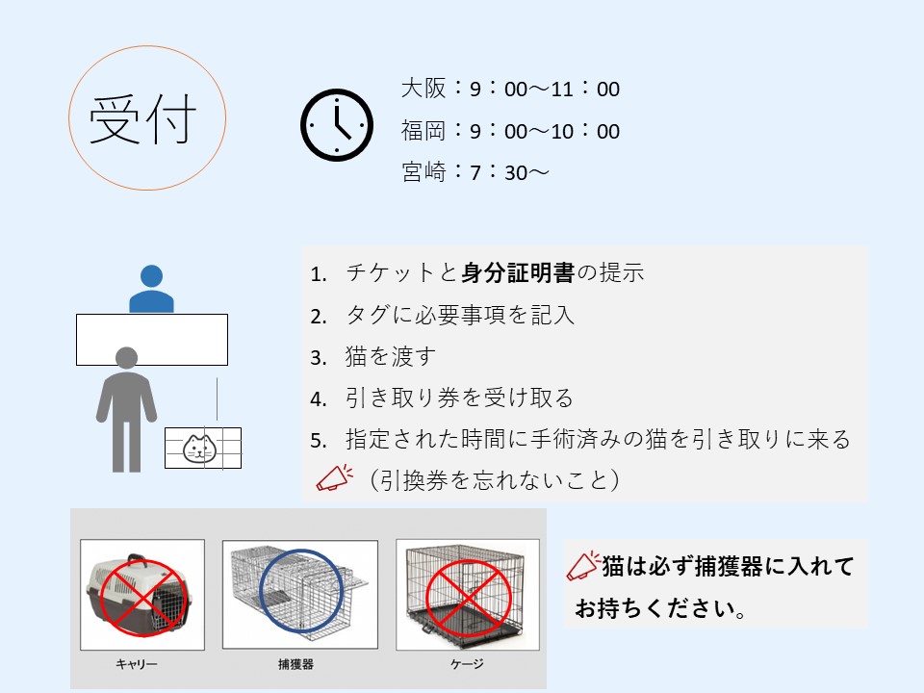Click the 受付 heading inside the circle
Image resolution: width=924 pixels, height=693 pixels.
[142, 118]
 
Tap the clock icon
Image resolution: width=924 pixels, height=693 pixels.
[337, 125]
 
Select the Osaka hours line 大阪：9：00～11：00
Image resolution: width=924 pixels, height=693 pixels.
[510, 89]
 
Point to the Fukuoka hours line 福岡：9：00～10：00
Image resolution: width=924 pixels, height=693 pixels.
[510, 130]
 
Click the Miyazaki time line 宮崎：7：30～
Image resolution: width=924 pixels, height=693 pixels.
[475, 172]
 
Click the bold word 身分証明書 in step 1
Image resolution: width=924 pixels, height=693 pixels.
[518, 272]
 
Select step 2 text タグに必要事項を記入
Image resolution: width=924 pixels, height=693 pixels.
[460, 315]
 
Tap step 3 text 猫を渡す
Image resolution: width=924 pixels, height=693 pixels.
[391, 356]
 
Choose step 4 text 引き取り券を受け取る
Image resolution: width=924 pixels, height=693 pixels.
[460, 398]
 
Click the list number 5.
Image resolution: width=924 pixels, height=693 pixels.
[319, 441]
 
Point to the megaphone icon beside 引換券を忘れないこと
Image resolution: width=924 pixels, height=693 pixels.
[335, 478]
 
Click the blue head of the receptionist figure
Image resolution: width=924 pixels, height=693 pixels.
[151, 276]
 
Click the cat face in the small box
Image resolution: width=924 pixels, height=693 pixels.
[200, 449]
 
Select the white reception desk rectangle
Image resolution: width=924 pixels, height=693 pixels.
[152, 340]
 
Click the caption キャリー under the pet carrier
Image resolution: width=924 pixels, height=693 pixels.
[136, 664]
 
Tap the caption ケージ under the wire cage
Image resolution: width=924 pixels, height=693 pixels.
[467, 664]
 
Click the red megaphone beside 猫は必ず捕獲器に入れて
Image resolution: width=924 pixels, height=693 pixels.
[583, 566]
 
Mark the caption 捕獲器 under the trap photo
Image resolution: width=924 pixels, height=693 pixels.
[295, 664]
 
